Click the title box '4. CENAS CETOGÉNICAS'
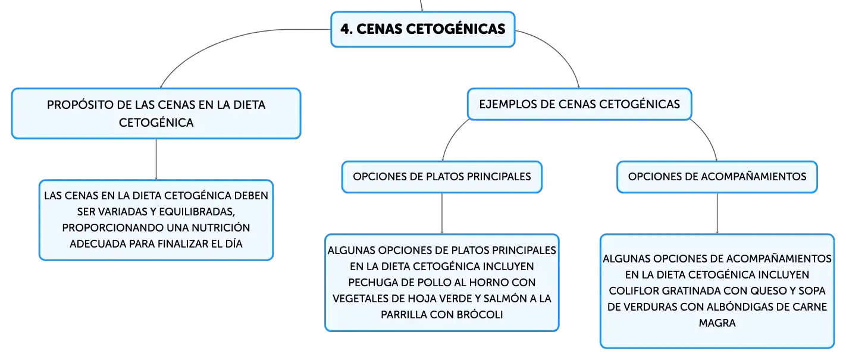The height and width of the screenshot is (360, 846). (422, 29)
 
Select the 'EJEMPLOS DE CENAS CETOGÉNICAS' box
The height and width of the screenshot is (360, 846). (579, 104)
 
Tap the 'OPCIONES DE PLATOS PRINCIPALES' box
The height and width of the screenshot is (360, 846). (442, 177)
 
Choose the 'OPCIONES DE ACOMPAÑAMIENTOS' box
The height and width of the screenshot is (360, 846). (717, 177)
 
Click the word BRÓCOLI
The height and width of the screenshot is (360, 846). (480, 315)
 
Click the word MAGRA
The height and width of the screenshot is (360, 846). (717, 323)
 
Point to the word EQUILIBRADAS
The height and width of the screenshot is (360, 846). (197, 212)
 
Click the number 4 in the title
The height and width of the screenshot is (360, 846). (345, 29)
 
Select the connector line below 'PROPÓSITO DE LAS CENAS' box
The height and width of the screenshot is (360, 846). (156, 159)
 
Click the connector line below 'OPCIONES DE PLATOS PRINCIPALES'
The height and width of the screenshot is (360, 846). (442, 214)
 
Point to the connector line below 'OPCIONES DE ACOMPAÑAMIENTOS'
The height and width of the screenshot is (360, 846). (717, 214)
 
